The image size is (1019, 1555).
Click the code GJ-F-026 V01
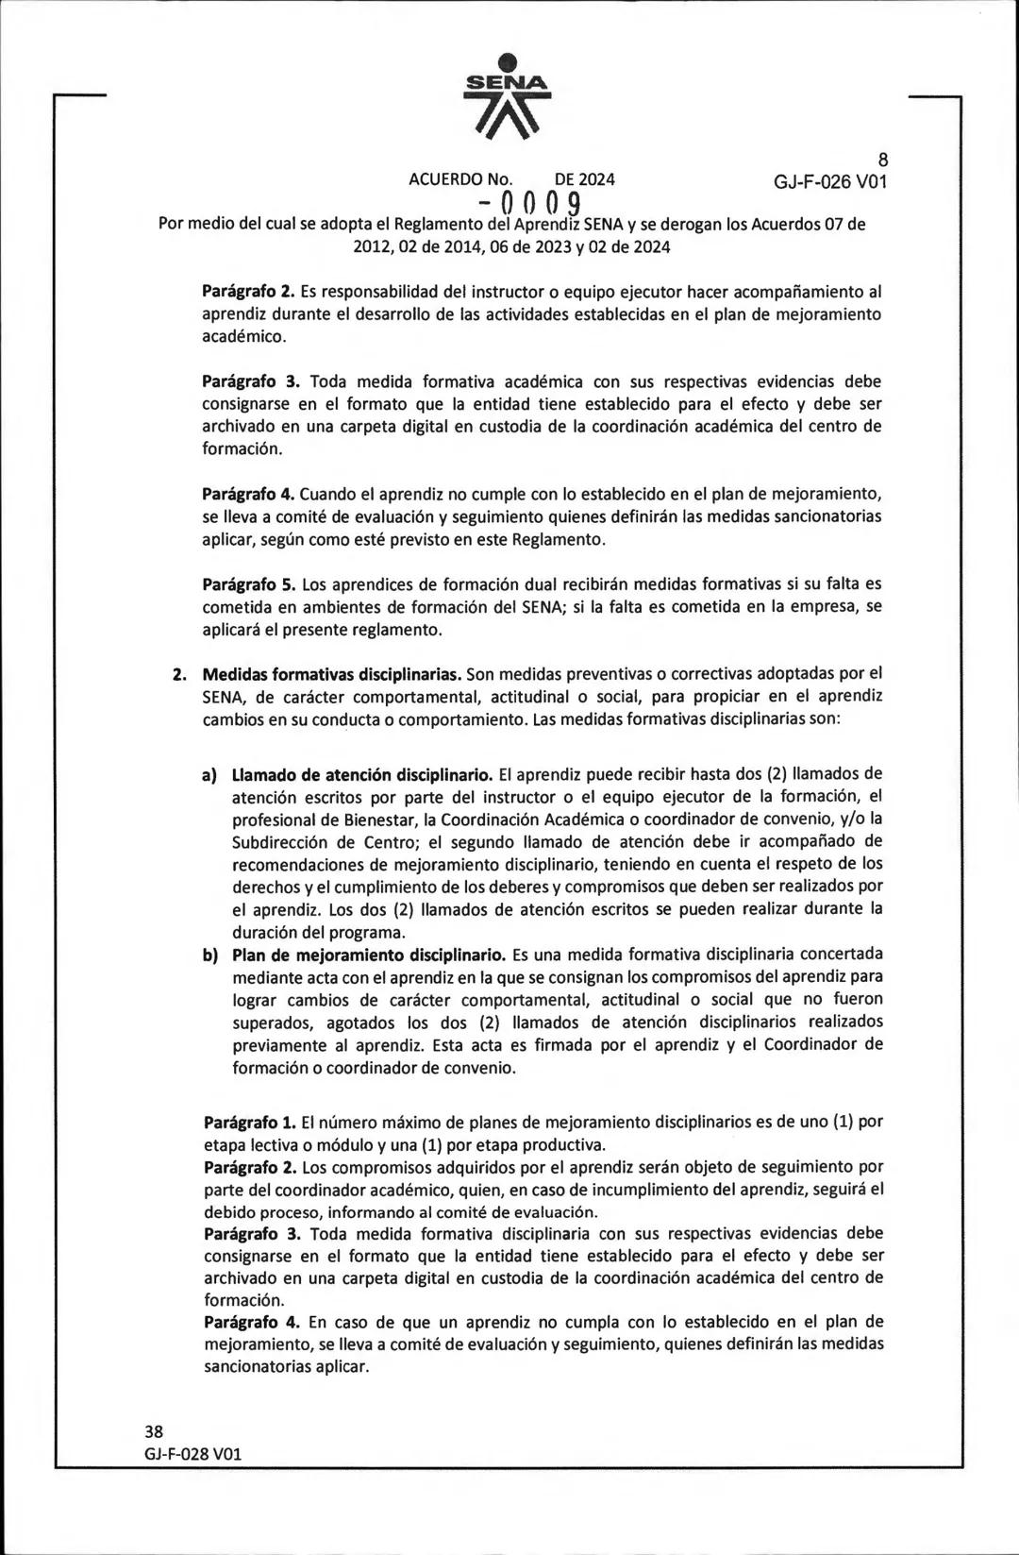pos(830,181)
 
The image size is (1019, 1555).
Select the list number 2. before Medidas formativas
pos(179,674)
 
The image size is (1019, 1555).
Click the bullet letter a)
pos(210,775)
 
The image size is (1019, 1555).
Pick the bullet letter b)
pos(210,955)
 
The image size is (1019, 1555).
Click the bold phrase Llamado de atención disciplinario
pos(362,775)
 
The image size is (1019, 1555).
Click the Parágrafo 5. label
pos(250,584)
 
